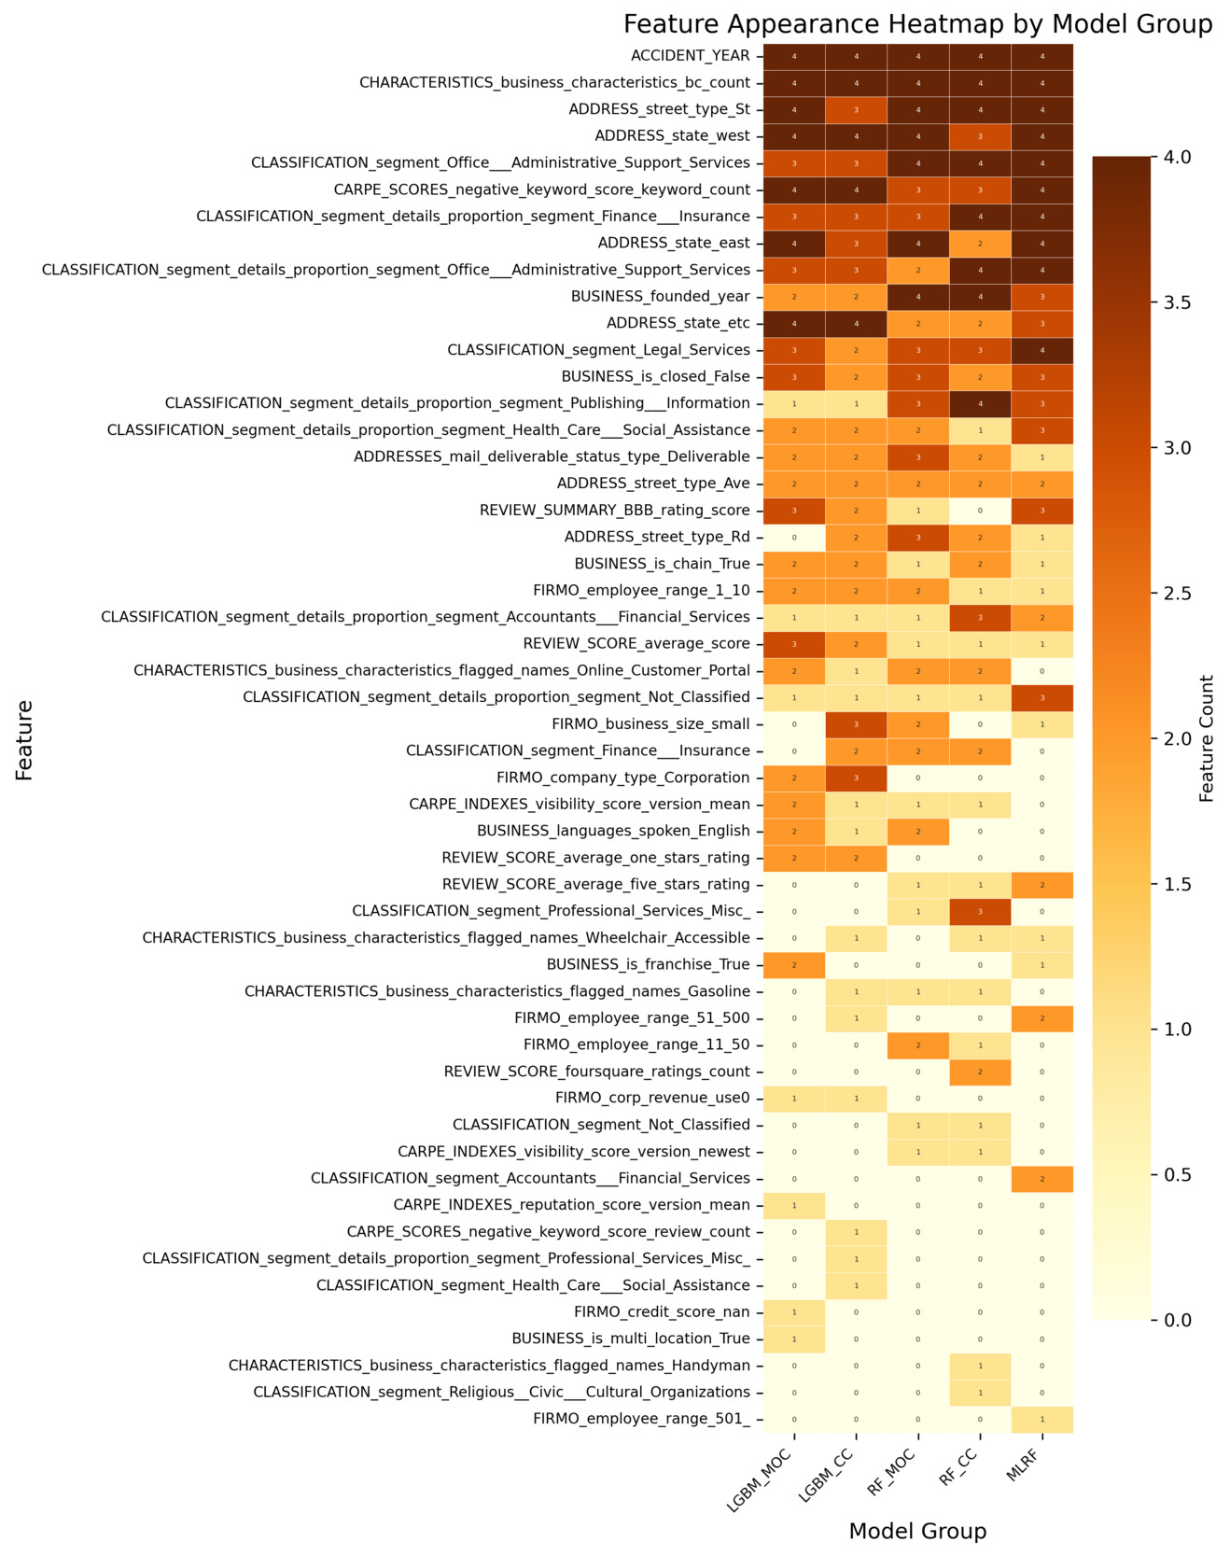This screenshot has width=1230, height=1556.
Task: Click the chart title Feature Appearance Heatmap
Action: (917, 24)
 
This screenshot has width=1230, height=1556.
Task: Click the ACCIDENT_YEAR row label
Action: (690, 56)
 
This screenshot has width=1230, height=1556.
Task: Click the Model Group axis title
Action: (917, 1531)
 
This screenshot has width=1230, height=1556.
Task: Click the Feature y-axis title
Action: (24, 739)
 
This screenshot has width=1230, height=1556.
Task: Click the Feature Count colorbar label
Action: (1208, 738)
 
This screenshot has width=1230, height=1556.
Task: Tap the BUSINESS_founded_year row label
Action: (660, 297)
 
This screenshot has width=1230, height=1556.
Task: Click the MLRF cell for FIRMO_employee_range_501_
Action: (1041, 1419)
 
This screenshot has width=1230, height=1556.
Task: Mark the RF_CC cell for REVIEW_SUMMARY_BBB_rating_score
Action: (980, 511)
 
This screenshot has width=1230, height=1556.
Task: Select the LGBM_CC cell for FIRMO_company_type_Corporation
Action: (856, 778)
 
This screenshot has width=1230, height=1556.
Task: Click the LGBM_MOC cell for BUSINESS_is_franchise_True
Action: (794, 964)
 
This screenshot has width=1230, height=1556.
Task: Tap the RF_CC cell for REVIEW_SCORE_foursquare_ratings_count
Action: (980, 1072)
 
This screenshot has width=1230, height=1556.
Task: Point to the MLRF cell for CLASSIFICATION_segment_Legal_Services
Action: (1041, 350)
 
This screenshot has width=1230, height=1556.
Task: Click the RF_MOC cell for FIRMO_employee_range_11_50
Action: (917, 1044)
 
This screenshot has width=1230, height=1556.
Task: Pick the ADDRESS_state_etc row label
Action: (678, 323)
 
